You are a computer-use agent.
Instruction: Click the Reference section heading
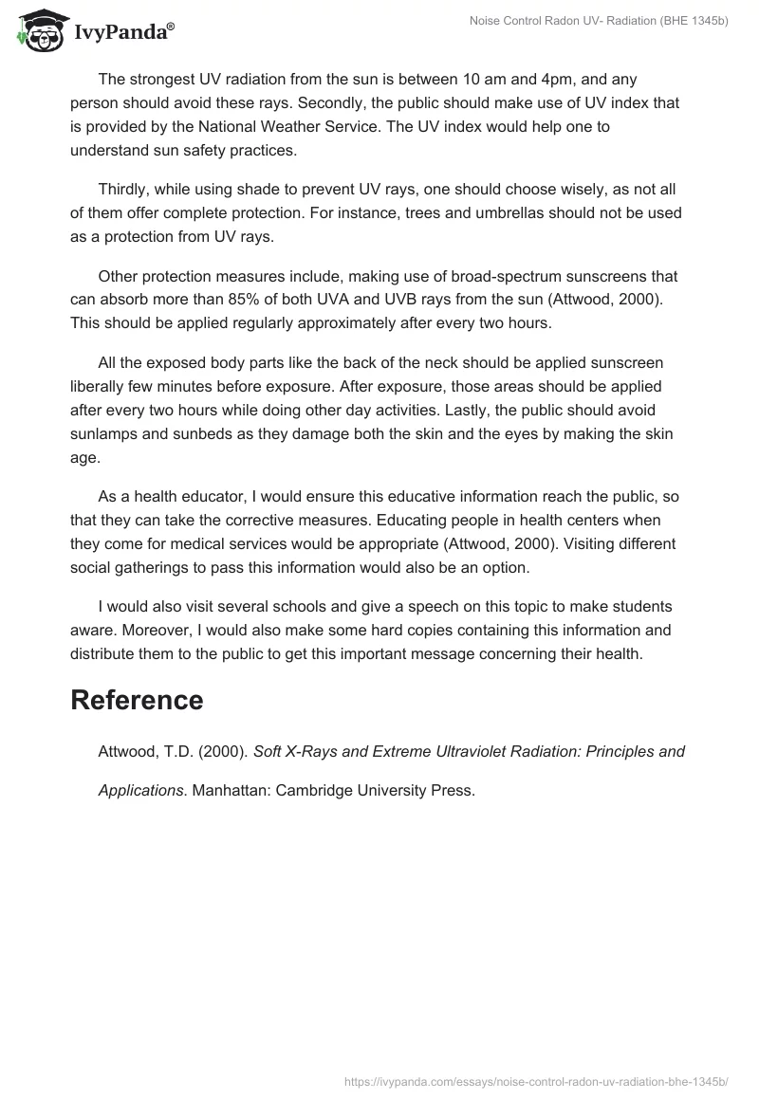click(137, 700)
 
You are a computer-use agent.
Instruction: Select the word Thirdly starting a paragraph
click(127, 190)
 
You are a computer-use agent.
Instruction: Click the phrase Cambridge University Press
click(376, 789)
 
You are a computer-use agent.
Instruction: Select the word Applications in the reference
click(140, 789)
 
